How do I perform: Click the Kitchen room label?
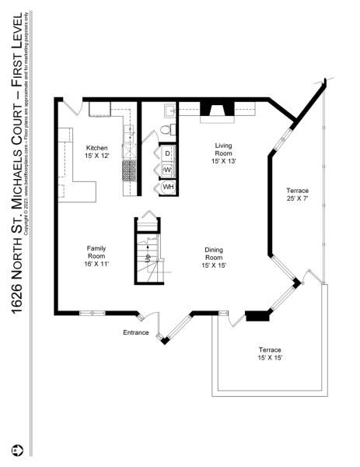tap(97, 147)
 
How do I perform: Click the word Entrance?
tap(135, 333)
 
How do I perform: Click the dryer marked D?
tap(167, 153)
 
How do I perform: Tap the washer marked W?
tap(167, 170)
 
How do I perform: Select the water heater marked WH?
tap(168, 187)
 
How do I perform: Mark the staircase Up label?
tap(147, 256)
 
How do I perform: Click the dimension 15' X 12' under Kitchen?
tap(97, 156)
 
